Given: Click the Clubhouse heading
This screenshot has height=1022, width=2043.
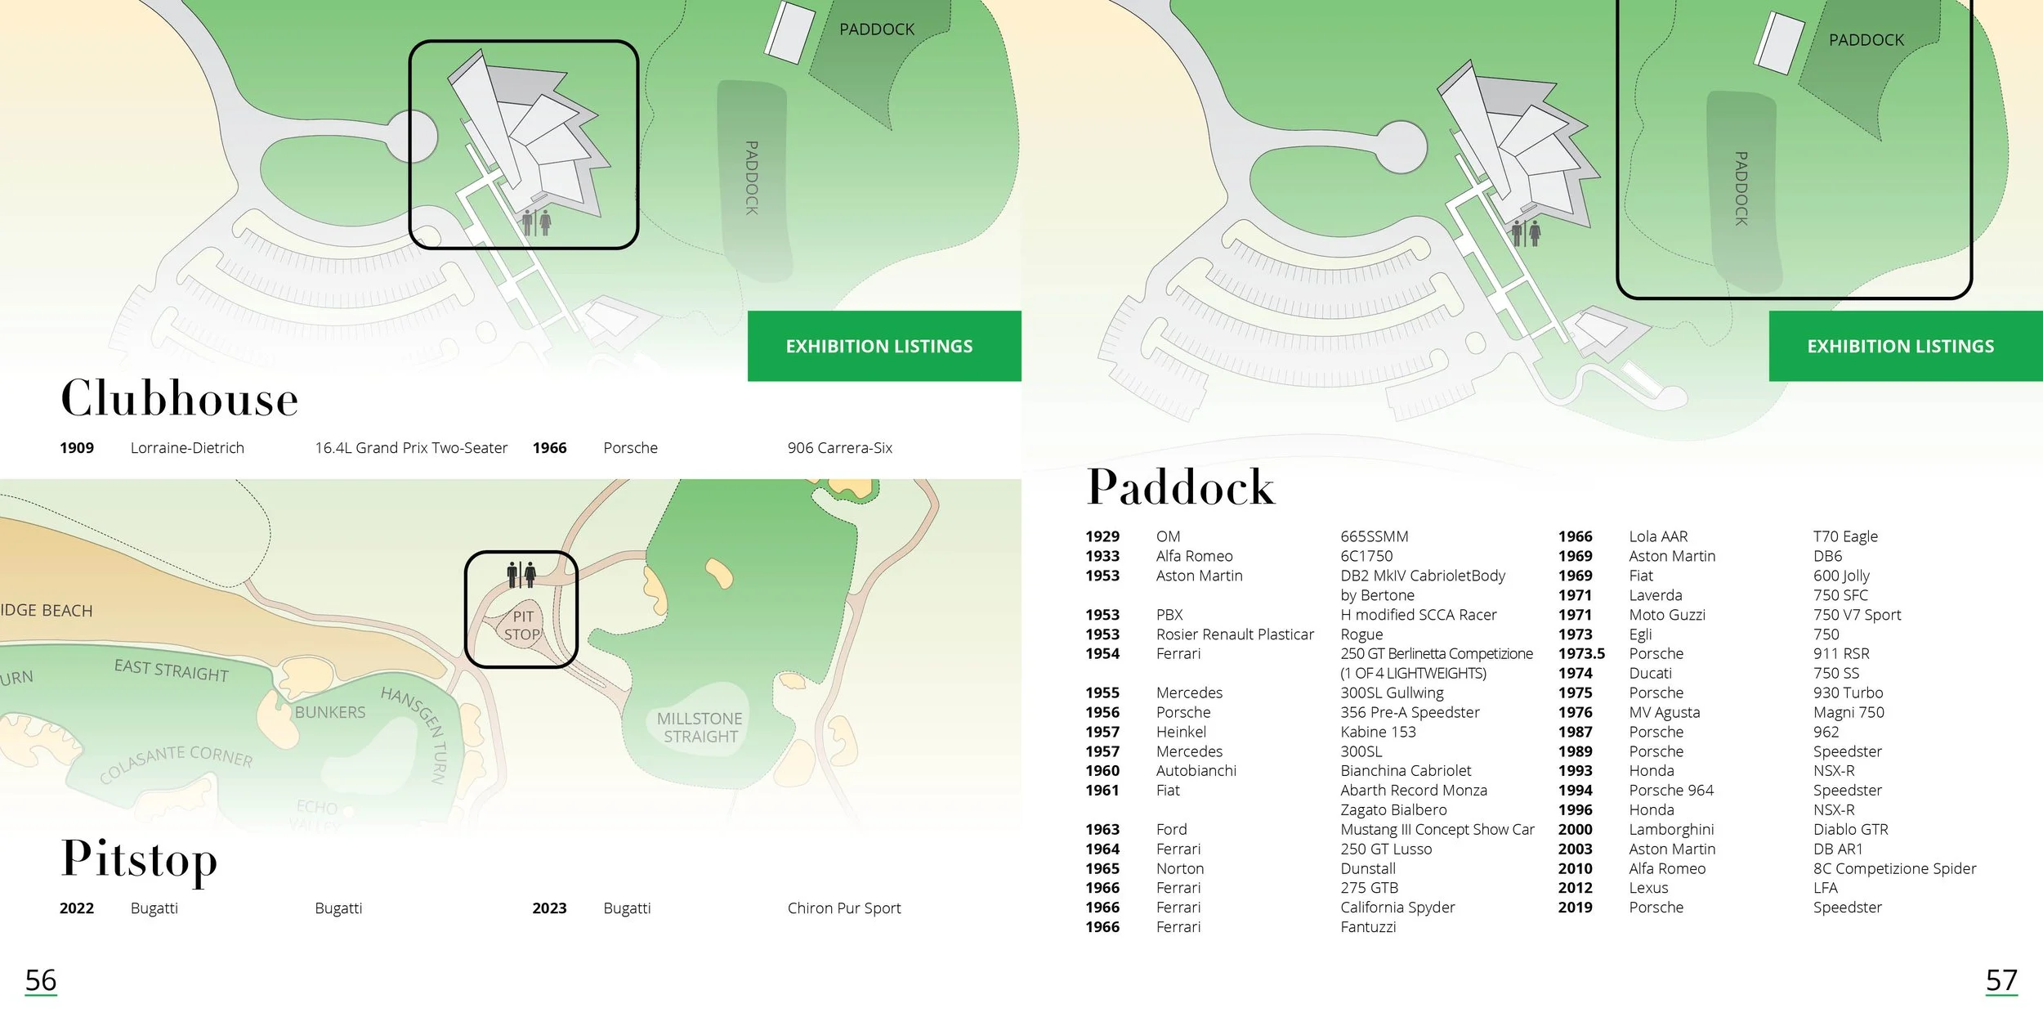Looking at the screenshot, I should [x=180, y=399].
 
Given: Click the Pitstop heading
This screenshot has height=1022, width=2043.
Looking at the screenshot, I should [x=140, y=860].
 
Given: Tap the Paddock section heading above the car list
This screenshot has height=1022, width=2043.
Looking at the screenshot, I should [x=1180, y=487].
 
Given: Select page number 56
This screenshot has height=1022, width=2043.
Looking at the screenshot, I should [x=41, y=979].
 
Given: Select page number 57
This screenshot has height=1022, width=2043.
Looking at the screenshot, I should [x=2001, y=979].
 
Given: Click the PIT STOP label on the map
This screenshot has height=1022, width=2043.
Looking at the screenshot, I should [x=522, y=625].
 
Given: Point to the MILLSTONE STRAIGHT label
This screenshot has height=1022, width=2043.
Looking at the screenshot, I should [x=700, y=728].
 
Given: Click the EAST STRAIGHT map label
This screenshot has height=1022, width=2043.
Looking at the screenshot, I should [x=172, y=670].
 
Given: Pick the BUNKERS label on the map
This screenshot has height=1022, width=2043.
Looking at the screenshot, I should [x=330, y=712].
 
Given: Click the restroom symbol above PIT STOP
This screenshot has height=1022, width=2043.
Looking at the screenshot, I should [x=521, y=574].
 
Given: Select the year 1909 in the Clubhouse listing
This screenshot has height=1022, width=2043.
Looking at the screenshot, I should [x=77, y=448].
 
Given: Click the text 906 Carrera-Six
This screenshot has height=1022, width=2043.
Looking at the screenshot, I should [x=839, y=448].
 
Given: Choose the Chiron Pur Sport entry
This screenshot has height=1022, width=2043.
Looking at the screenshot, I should [x=843, y=908].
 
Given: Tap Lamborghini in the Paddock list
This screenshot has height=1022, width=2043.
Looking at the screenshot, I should [x=1671, y=830].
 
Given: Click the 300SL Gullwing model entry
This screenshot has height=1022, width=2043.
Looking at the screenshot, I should [x=1392, y=693].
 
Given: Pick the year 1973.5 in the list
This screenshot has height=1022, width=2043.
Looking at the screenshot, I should [x=1581, y=654].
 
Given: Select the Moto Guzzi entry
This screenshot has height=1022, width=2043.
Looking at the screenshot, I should [x=1666, y=615].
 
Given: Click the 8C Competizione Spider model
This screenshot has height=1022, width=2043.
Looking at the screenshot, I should [x=1894, y=869].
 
